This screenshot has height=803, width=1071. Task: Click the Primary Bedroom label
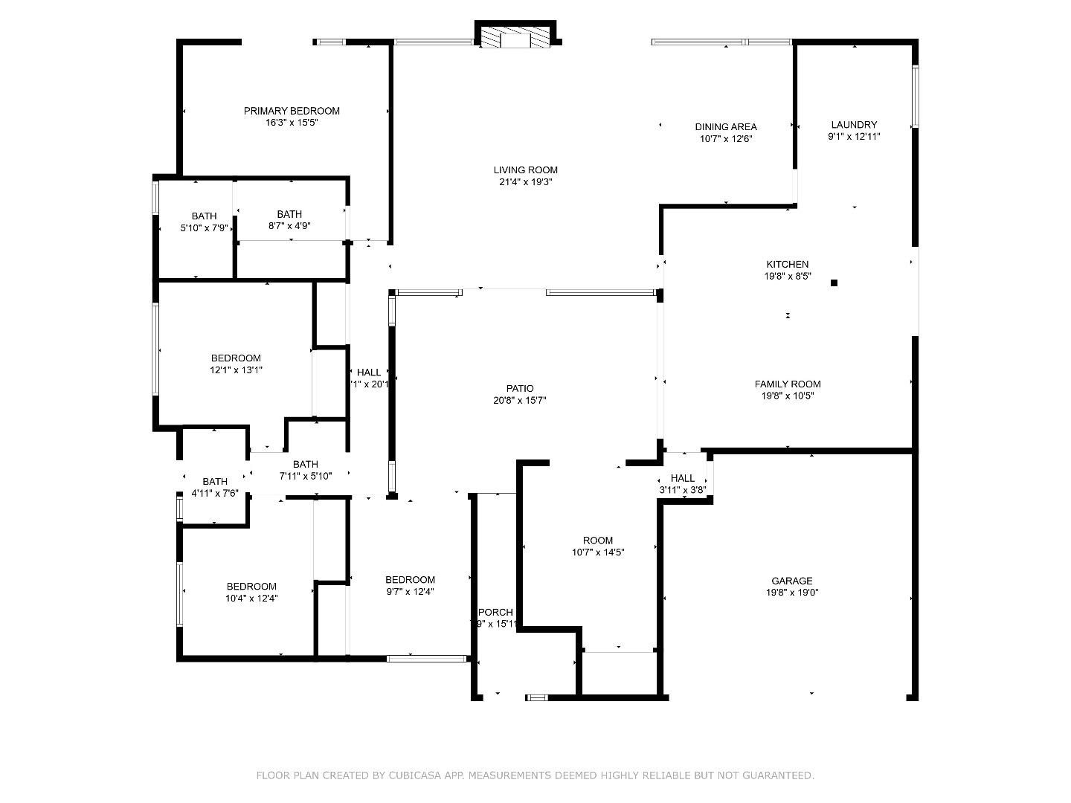tap(292, 111)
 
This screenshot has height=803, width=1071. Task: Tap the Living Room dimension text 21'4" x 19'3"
tap(525, 182)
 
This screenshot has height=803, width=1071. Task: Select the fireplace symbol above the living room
tap(515, 38)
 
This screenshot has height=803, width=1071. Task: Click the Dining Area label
tap(726, 127)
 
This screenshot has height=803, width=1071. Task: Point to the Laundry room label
tap(854, 125)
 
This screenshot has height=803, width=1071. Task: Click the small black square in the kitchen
tap(834, 283)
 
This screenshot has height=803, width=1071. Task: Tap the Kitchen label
tap(788, 264)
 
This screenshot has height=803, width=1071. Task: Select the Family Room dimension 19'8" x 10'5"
tap(788, 396)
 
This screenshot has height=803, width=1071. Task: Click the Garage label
tap(791, 581)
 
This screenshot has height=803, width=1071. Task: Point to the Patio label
tap(520, 388)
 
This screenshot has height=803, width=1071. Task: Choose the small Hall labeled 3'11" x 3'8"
tap(682, 478)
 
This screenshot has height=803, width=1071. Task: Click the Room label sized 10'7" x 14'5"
tap(598, 541)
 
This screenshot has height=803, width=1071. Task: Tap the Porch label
tap(495, 613)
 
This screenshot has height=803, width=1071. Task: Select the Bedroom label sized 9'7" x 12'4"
tap(410, 580)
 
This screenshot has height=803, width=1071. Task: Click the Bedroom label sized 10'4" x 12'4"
tap(251, 587)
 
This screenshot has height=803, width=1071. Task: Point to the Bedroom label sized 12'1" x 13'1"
tap(236, 358)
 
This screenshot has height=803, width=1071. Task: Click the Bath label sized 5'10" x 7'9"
tap(204, 216)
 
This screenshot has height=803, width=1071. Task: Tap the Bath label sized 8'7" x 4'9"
tap(289, 214)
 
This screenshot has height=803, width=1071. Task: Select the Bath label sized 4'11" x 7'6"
tap(215, 482)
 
